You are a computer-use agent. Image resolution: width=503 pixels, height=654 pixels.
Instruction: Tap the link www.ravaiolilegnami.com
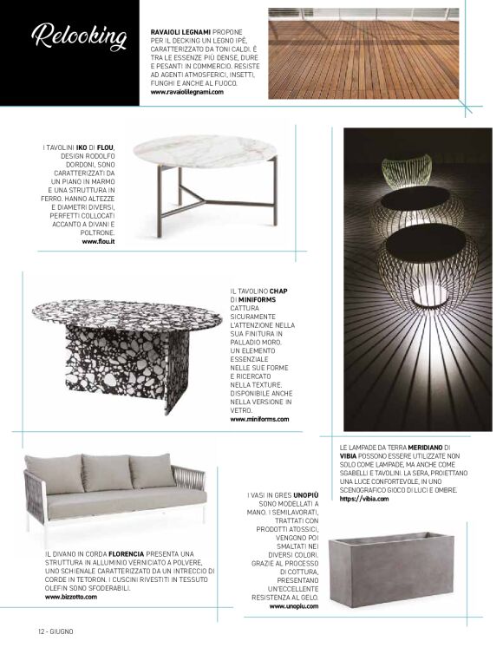tap(187, 91)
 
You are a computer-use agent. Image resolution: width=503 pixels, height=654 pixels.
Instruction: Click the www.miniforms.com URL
tap(259, 419)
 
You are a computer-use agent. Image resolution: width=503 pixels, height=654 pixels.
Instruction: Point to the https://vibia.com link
tap(361, 500)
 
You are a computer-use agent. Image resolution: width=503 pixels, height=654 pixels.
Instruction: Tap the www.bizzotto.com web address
tap(71, 597)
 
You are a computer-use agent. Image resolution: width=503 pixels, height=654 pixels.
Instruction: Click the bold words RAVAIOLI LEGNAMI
tap(181, 30)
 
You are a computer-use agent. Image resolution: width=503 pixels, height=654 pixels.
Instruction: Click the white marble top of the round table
tap(206, 151)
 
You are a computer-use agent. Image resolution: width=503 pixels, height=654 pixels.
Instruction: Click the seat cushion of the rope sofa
tap(104, 502)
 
